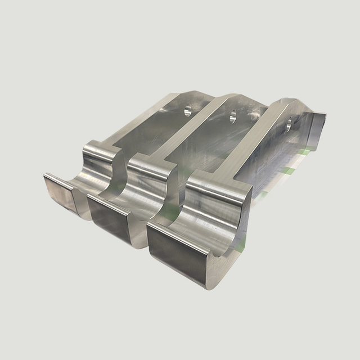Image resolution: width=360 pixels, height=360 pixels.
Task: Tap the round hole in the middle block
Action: point(231,118)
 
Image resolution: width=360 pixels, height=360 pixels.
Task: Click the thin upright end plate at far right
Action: point(318,135)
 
